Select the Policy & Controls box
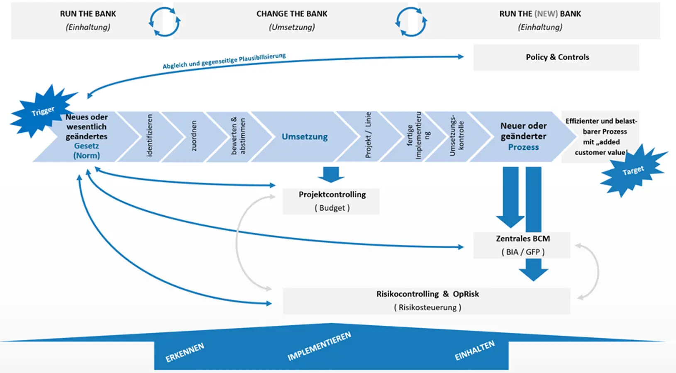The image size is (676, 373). click(x=556, y=57)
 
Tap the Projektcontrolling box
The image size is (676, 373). click(x=331, y=201)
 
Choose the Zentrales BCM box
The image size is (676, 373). click(x=522, y=245)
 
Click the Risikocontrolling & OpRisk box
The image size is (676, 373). click(x=427, y=300)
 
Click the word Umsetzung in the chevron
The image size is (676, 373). click(x=305, y=137)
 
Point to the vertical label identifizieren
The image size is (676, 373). click(x=150, y=136)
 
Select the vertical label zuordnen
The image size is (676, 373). click(x=194, y=136)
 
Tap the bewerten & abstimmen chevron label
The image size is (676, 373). click(x=238, y=136)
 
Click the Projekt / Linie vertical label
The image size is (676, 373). click(x=368, y=135)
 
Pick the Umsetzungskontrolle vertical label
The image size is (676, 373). click(x=456, y=136)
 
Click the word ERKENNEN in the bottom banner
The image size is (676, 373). click(x=185, y=352)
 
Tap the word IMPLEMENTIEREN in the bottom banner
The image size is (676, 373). click(x=319, y=346)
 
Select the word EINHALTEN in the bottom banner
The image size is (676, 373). click(x=474, y=350)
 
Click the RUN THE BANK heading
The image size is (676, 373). click(x=88, y=14)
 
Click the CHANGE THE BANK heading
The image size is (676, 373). click(x=292, y=14)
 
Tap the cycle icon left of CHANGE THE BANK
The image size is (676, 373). click(x=164, y=22)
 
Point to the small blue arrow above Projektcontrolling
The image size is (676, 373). click(x=331, y=174)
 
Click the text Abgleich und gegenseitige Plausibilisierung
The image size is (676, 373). click(x=224, y=61)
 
